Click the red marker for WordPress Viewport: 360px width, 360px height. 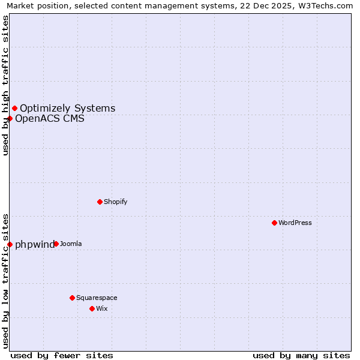click(274, 223)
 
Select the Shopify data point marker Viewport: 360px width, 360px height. click(100, 202)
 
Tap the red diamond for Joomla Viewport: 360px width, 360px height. click(56, 244)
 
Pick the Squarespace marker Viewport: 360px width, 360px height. click(72, 298)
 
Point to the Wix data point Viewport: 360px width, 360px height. click(92, 308)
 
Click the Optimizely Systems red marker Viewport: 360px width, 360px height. click(14, 108)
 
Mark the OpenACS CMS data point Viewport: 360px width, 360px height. click(10, 118)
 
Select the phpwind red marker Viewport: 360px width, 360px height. click(10, 244)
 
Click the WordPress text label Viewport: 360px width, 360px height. click(295, 223)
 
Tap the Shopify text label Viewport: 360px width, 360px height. click(115, 202)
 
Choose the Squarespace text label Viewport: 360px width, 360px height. click(97, 298)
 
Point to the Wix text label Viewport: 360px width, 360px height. click(101, 308)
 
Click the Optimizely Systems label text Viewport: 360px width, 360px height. click(68, 108)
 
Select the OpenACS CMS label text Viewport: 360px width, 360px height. click(50, 118)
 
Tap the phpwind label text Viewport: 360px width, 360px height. click(34, 244)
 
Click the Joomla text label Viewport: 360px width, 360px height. click(71, 244)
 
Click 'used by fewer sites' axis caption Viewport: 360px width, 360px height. click(62, 355)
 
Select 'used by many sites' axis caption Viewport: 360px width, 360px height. click(301, 355)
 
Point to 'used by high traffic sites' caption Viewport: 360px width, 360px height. click(5, 85)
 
